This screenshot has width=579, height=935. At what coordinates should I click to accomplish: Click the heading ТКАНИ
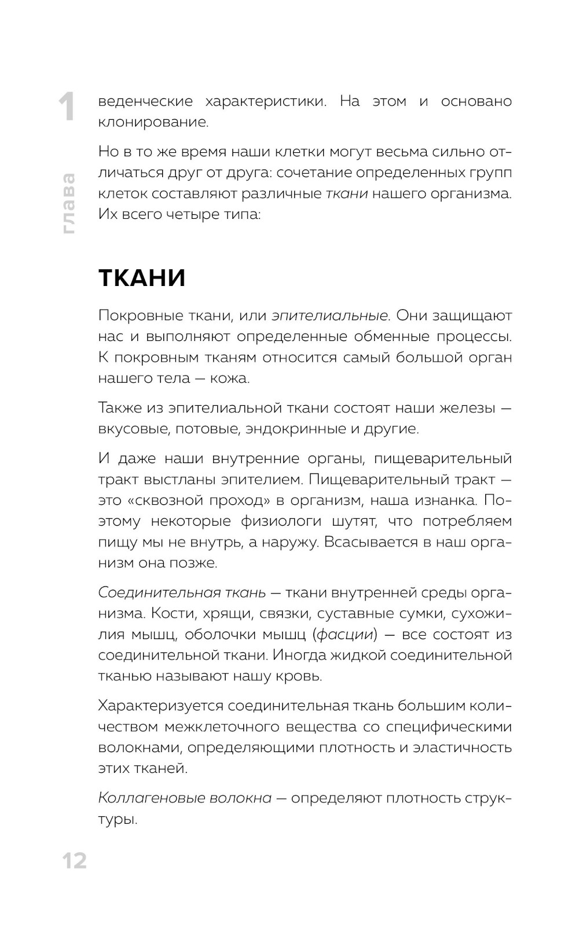point(142,278)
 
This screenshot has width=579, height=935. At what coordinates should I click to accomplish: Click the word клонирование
point(153,122)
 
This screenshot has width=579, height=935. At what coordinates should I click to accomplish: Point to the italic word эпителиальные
point(331,316)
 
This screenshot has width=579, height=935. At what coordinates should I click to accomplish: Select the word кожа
point(230,378)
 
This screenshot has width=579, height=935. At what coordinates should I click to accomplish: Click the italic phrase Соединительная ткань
point(182,593)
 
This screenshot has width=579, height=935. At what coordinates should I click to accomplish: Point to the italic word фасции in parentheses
point(345,635)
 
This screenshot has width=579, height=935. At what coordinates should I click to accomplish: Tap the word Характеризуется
point(160,706)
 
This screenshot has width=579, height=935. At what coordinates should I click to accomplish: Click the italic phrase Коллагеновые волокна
point(185,798)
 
